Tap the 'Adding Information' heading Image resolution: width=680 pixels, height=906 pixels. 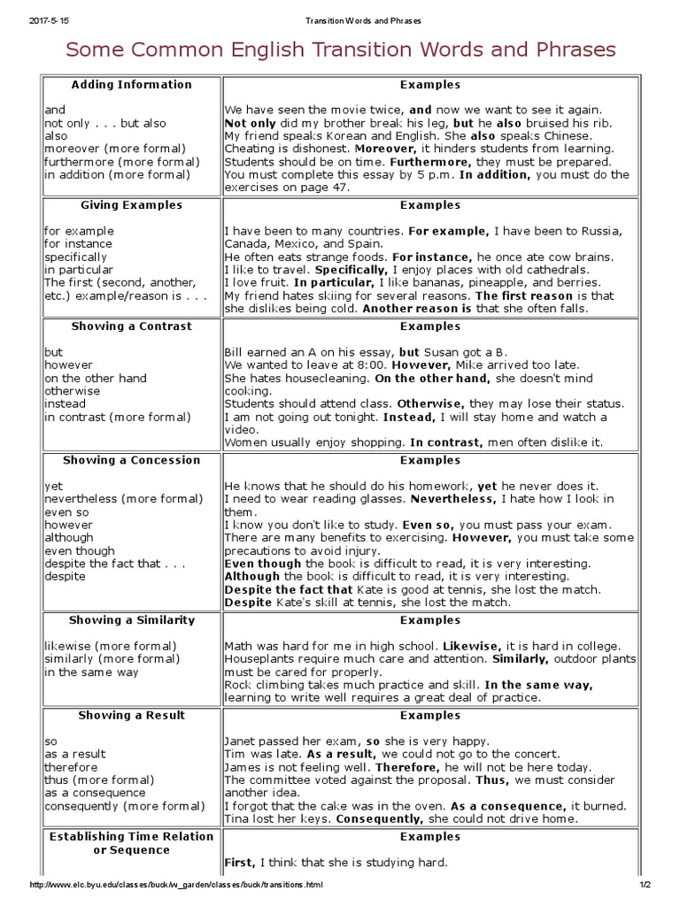click(x=131, y=85)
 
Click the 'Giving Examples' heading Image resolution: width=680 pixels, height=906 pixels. click(x=131, y=205)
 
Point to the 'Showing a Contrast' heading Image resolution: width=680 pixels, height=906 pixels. click(x=131, y=326)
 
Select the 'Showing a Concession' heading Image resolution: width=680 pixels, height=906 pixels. click(x=131, y=460)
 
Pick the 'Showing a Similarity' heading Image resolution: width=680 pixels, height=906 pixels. click(x=131, y=620)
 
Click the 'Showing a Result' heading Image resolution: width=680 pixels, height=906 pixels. click(x=131, y=715)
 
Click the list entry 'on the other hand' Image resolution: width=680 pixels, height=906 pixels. click(x=96, y=378)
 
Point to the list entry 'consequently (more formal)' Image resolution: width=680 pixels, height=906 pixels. click(x=124, y=806)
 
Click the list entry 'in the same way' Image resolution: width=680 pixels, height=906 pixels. click(x=92, y=672)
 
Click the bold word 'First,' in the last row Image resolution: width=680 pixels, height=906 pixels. click(x=239, y=863)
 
